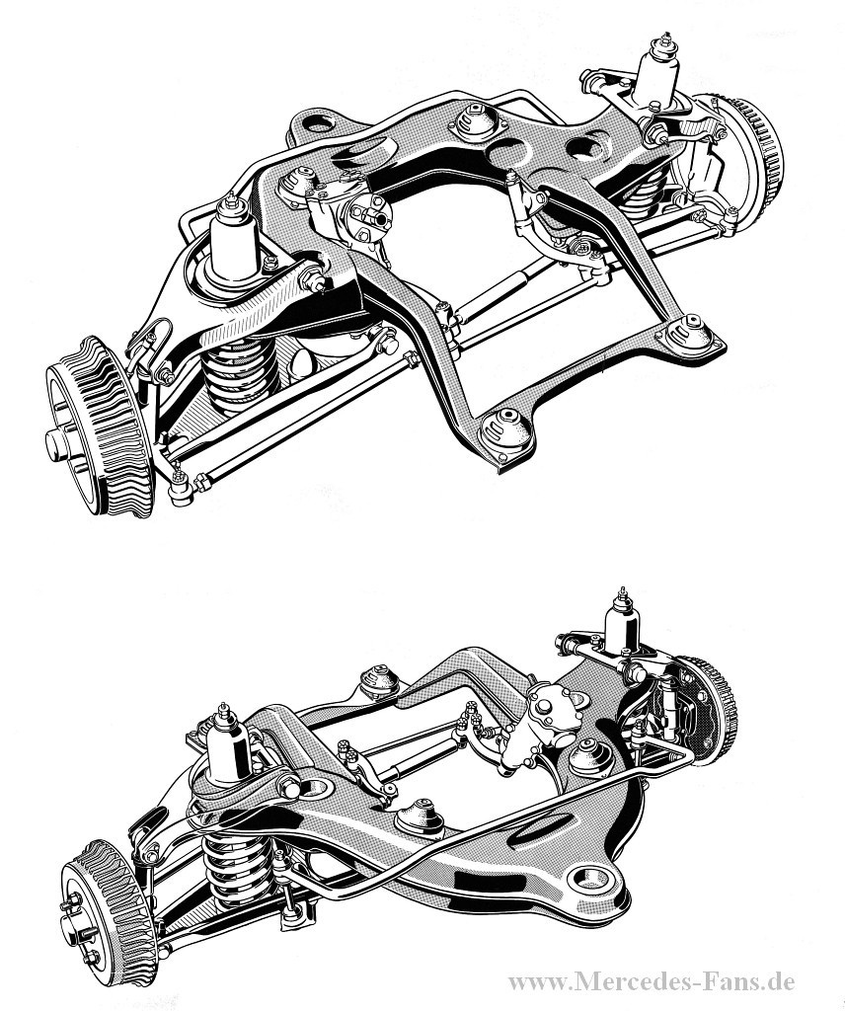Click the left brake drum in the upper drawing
(100, 427)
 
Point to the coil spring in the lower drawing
(236, 868)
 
